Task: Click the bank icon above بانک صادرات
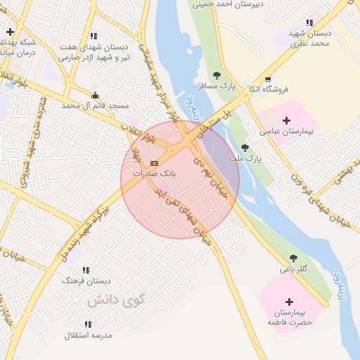point(155,163)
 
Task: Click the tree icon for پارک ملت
point(244,148)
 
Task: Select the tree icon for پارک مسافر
point(217,75)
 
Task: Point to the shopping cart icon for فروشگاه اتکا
point(267,79)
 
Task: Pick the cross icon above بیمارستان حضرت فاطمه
point(288,302)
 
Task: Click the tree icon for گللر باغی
point(292,258)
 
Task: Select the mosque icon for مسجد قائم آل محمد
point(96,95)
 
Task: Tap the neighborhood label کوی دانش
point(115,300)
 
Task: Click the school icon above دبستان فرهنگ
point(86,270)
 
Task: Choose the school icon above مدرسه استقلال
point(88,324)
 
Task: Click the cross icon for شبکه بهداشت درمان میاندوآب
point(10,32)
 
